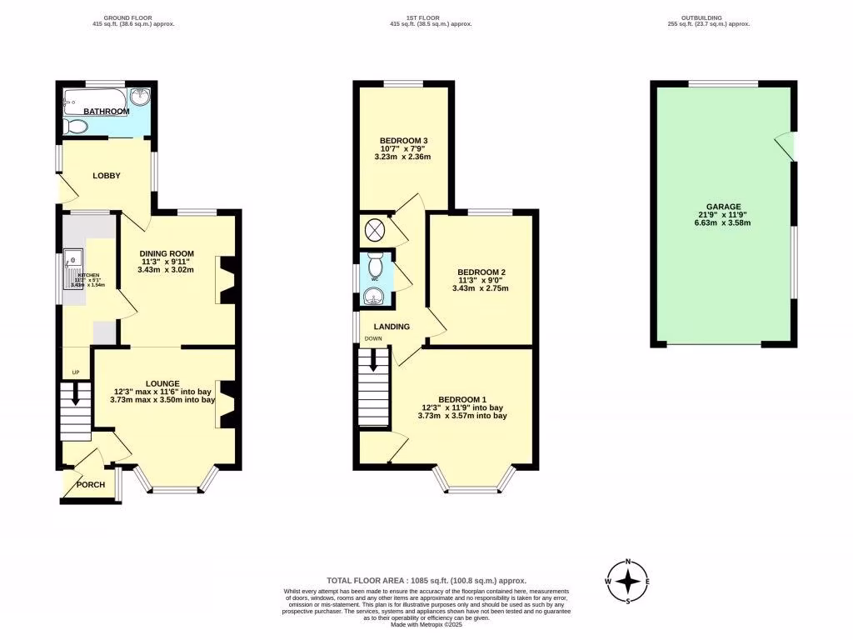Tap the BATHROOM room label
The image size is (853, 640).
coord(106,112)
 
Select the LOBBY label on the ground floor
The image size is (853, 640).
coord(107,176)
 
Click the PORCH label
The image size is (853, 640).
coord(91,485)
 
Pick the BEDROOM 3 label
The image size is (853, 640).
coord(406,140)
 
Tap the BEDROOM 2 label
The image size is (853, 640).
coord(481,272)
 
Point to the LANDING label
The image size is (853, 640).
coord(391,327)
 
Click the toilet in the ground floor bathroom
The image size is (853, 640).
coord(75,127)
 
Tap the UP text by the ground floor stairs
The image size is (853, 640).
coord(74,372)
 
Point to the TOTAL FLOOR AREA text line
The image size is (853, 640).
coord(426,581)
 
